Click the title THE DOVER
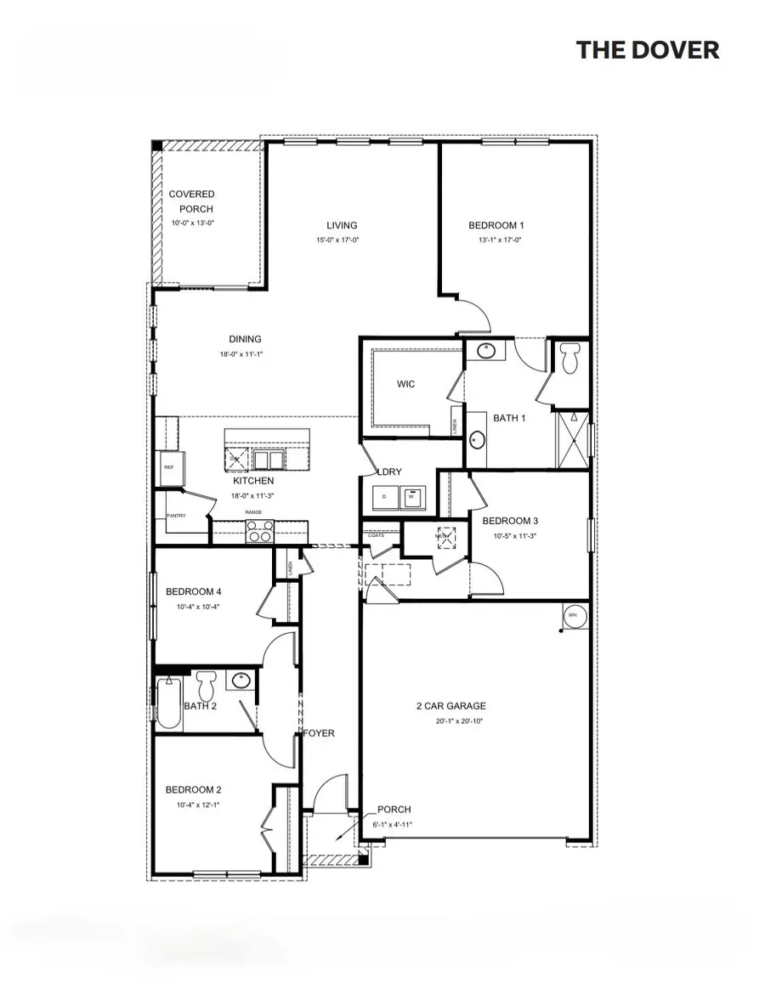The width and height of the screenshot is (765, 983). [x=648, y=49]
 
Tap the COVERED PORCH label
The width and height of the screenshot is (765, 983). [x=191, y=201]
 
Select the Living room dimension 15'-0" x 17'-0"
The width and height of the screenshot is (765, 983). [x=342, y=240]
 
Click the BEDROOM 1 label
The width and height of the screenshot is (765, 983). [x=496, y=225]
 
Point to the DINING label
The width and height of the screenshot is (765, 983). [x=245, y=339]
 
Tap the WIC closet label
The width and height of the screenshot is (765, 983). [x=406, y=384]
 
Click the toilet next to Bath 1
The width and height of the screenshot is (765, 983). [x=570, y=359]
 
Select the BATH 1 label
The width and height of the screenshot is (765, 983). [x=510, y=418]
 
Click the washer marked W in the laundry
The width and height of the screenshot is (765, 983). [x=412, y=496]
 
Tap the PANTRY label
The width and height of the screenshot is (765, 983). [x=176, y=516]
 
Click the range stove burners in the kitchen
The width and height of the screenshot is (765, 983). [x=259, y=530]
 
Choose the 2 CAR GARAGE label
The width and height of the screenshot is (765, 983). [x=450, y=706]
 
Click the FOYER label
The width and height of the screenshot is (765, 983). [x=320, y=732]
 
